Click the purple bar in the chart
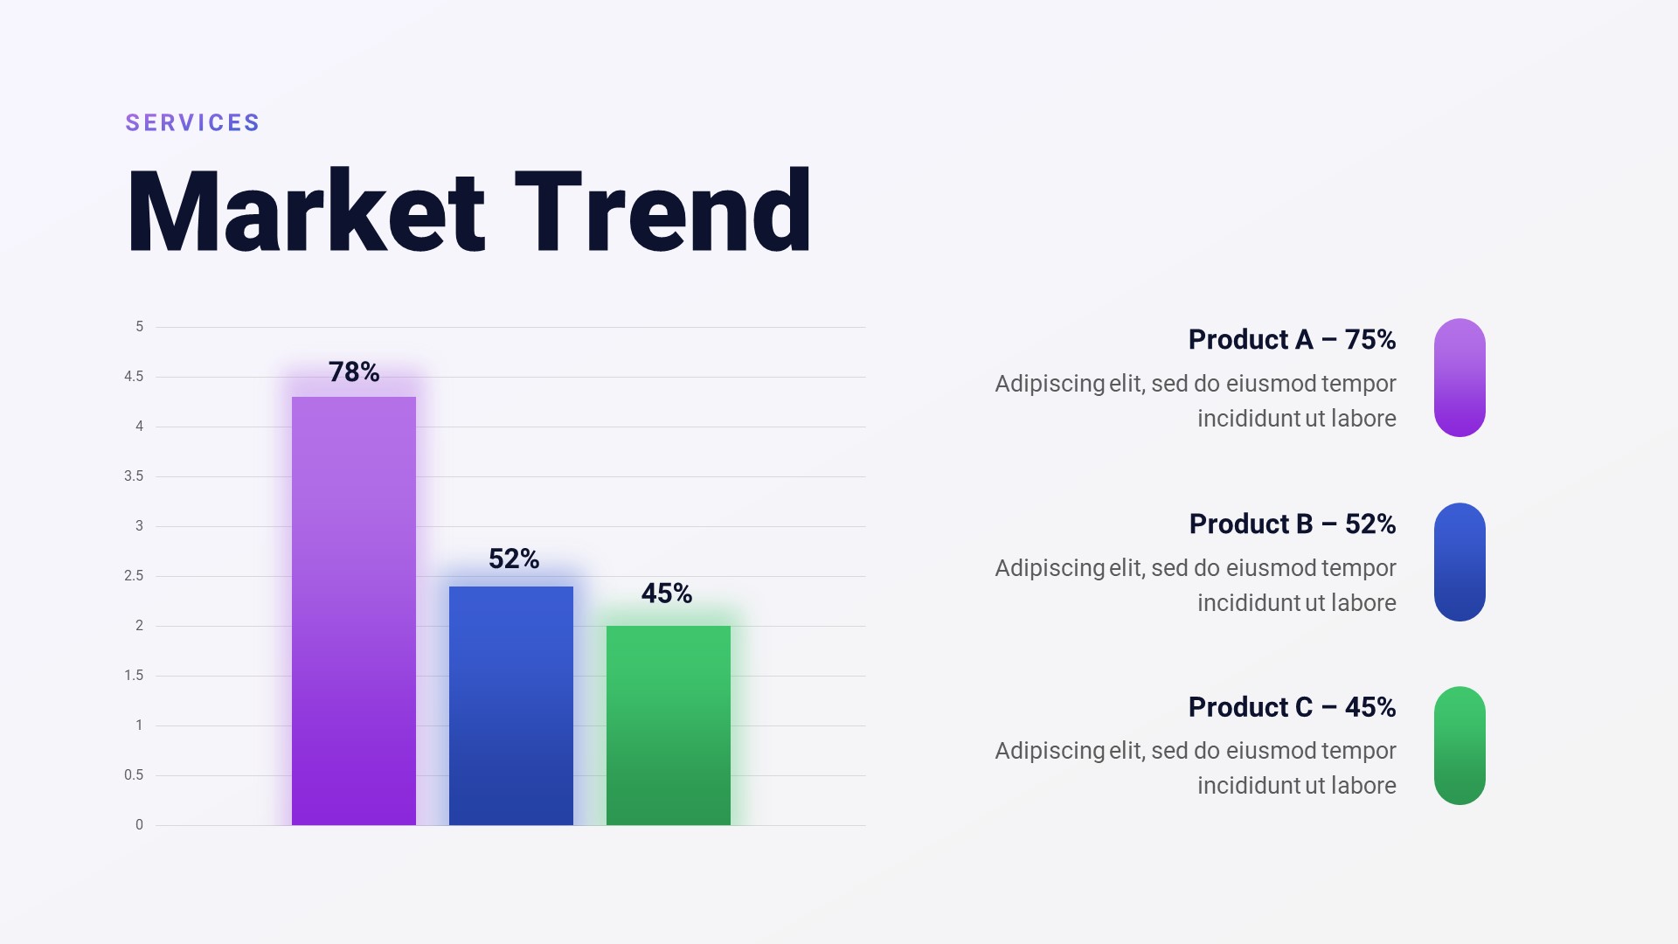click(x=354, y=611)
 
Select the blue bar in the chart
click(x=511, y=705)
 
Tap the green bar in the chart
click(x=669, y=725)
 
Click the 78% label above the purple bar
click(x=354, y=372)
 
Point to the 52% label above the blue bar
click(x=514, y=559)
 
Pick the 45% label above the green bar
click(x=667, y=593)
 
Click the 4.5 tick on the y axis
click(x=134, y=377)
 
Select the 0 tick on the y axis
click(x=139, y=825)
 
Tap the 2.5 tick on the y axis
click(x=134, y=576)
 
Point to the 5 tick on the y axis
click(x=139, y=327)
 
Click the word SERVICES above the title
click(x=192, y=122)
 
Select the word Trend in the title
click(x=663, y=212)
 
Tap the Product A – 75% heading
click(x=1292, y=339)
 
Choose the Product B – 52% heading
click(x=1293, y=524)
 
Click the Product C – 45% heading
click(x=1292, y=707)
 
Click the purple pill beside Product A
click(x=1460, y=378)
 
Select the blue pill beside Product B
click(x=1460, y=562)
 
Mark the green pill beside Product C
click(x=1460, y=746)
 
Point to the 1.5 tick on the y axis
click(x=134, y=676)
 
